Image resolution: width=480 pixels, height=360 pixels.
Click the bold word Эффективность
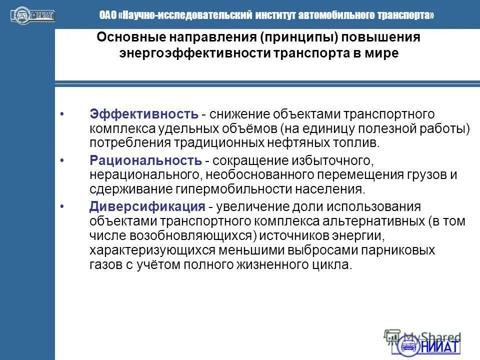(x=144, y=114)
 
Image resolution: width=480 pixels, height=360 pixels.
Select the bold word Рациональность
(x=146, y=160)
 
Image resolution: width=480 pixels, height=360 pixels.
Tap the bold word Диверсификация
(x=147, y=206)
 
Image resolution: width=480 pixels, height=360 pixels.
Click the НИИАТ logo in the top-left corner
(x=32, y=15)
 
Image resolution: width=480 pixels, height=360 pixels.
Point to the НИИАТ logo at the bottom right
(x=429, y=345)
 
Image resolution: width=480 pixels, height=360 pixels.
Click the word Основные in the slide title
(x=126, y=38)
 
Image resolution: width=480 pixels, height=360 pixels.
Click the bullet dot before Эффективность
(x=61, y=114)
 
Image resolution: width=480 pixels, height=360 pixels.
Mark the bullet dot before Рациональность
(x=61, y=160)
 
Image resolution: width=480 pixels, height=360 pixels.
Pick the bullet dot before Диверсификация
(x=61, y=206)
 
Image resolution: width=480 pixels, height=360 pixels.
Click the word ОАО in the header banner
(x=107, y=15)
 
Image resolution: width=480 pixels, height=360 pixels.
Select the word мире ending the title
(x=383, y=53)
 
